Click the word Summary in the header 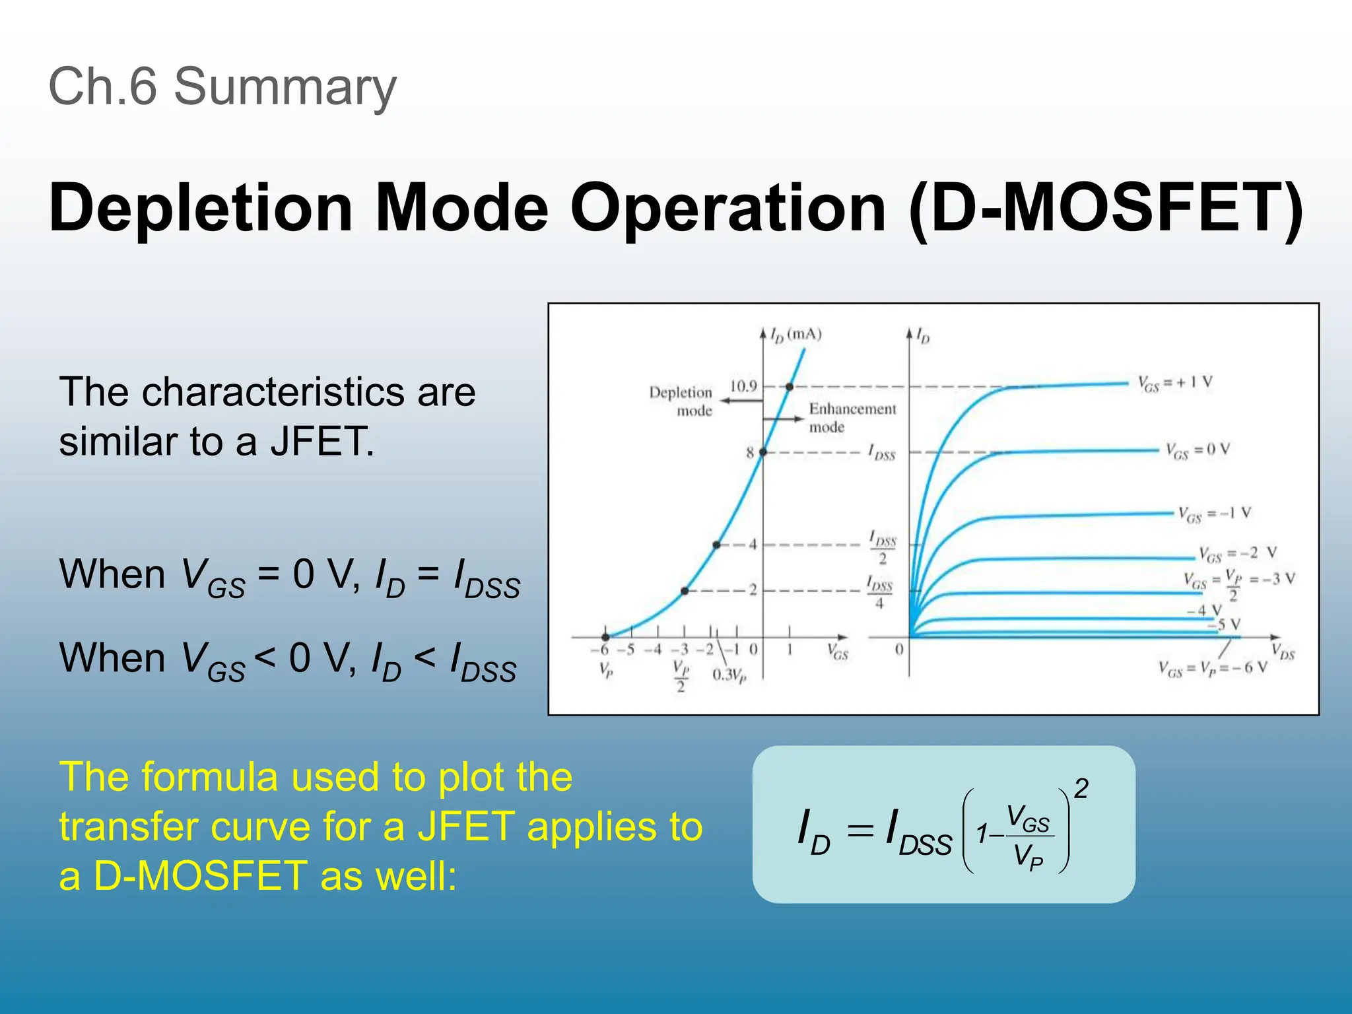285,86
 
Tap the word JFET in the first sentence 322,441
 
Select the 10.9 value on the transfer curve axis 743,386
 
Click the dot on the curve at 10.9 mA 790,387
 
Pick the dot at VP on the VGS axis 605,637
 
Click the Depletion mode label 680,401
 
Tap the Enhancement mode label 852,417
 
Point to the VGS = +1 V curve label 1175,383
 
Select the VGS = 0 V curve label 1197,451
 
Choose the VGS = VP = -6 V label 1213,668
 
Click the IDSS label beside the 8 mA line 881,453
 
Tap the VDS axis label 1283,652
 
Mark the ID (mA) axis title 796,335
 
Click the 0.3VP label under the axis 729,675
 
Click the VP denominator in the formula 1028,857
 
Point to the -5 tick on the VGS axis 629,650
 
